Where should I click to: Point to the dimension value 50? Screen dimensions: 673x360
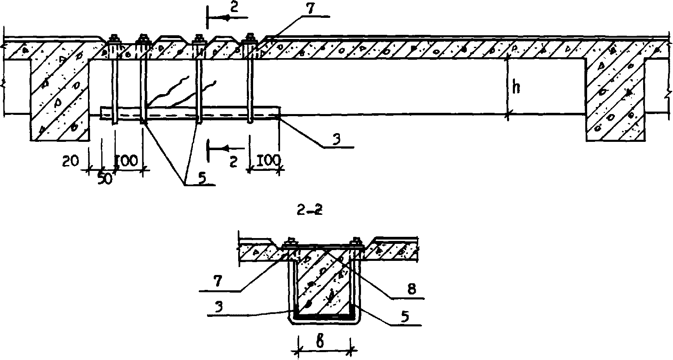106,180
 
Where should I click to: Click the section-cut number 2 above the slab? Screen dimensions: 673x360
234,9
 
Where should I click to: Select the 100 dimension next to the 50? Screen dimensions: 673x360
128,160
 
